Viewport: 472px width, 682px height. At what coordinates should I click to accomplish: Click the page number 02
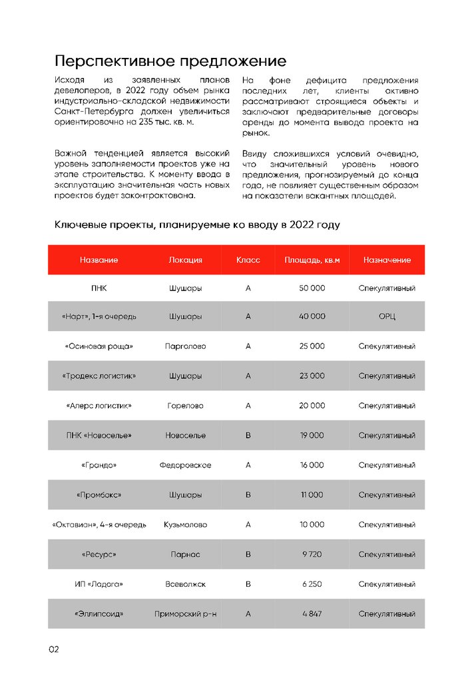pyautogui.click(x=54, y=649)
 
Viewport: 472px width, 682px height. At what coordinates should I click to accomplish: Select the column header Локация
pyautogui.click(x=185, y=260)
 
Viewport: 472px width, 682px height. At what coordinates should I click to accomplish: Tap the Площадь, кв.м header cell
pyautogui.click(x=312, y=260)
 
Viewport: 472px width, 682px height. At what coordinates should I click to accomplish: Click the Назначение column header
pyautogui.click(x=387, y=260)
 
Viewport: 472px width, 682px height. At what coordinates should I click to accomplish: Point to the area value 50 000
pyautogui.click(x=312, y=288)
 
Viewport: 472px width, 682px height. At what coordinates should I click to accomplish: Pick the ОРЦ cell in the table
pyautogui.click(x=387, y=316)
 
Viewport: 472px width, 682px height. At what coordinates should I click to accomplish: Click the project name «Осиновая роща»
pyautogui.click(x=99, y=346)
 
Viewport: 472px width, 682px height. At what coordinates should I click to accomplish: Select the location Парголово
pyautogui.click(x=185, y=346)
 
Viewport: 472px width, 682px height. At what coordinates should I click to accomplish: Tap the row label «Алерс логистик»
pyautogui.click(x=99, y=406)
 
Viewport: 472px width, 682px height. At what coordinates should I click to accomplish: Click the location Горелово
pyautogui.click(x=185, y=406)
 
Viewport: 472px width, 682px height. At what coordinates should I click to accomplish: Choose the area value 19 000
pyautogui.click(x=312, y=436)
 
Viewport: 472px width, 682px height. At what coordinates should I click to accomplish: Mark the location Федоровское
pyautogui.click(x=185, y=465)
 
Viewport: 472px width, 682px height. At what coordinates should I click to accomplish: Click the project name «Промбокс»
pyautogui.click(x=99, y=495)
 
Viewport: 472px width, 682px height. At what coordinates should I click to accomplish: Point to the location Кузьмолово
pyautogui.click(x=185, y=525)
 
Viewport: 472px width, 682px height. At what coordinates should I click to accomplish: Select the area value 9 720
pyautogui.click(x=312, y=554)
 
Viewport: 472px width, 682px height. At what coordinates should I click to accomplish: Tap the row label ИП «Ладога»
pyautogui.click(x=99, y=584)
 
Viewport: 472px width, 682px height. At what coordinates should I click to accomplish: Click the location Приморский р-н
pyautogui.click(x=185, y=613)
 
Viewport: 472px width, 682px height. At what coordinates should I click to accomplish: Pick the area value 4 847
pyautogui.click(x=312, y=613)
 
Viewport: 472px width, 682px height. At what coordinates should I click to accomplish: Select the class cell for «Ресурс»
pyautogui.click(x=248, y=554)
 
